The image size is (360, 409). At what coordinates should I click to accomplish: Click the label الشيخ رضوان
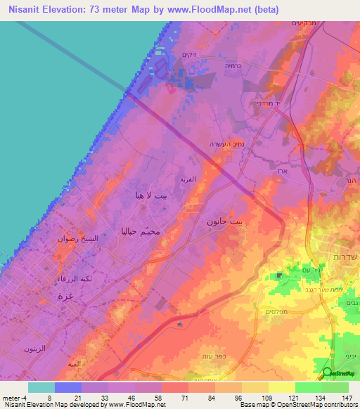[73, 239]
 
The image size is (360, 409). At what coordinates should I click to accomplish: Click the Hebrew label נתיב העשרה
[224, 143]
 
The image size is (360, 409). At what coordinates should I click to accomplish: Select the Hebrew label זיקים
[188, 54]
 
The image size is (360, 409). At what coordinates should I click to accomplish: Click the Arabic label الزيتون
[34, 349]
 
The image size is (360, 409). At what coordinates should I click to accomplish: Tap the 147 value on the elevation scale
[345, 398]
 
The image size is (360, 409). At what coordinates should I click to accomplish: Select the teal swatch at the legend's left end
[41, 387]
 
